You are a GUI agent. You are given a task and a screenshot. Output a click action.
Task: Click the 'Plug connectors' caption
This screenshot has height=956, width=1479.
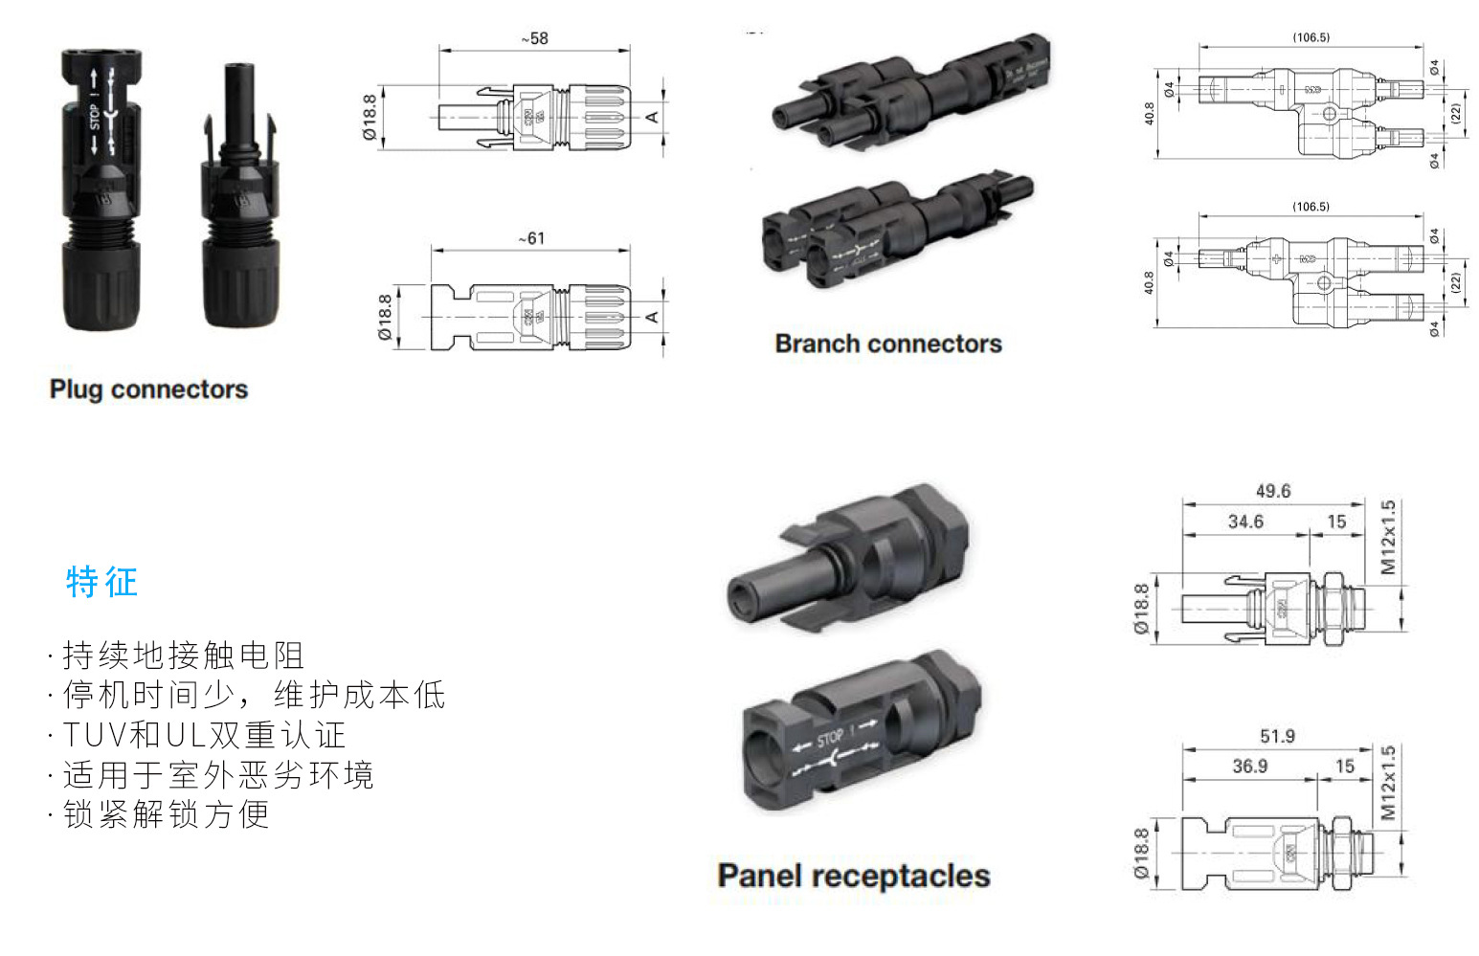click(148, 389)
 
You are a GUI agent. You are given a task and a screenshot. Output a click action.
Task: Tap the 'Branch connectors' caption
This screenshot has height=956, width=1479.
click(888, 344)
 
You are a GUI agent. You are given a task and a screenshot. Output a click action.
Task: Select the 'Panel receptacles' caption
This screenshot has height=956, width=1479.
click(854, 876)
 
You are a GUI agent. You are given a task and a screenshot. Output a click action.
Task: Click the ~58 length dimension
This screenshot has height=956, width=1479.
click(535, 38)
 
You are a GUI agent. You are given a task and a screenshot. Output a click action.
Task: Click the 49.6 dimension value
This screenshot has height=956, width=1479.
click(1273, 491)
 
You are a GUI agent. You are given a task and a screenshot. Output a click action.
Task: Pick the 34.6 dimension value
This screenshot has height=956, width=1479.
click(1245, 522)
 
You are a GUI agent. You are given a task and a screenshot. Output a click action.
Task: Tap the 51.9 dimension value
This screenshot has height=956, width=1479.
click(1277, 736)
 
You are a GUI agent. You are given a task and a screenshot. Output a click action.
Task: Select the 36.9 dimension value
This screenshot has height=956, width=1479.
click(1250, 766)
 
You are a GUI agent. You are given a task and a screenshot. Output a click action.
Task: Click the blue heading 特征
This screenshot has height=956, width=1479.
click(102, 582)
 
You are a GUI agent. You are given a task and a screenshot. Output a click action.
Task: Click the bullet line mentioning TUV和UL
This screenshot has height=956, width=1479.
click(204, 735)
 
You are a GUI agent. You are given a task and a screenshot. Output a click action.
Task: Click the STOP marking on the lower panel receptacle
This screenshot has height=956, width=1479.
click(830, 737)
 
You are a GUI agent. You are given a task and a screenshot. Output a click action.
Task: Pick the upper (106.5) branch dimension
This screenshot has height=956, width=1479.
click(1311, 37)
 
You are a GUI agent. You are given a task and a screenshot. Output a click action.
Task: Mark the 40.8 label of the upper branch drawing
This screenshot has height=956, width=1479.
click(1150, 113)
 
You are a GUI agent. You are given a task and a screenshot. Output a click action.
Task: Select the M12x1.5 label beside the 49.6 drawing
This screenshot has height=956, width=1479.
click(1388, 537)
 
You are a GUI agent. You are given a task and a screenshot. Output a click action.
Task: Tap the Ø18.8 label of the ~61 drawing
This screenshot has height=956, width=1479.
click(385, 318)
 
